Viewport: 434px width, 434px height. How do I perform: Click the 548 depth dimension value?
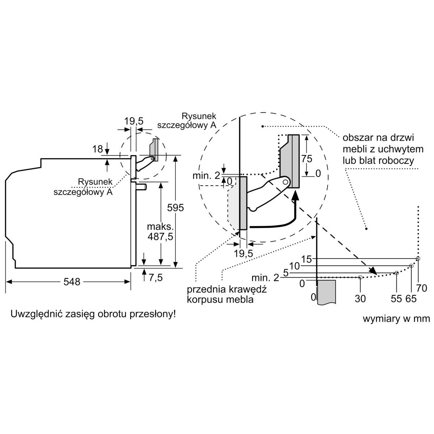[x=72, y=281]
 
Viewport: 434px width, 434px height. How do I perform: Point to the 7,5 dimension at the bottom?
[x=155, y=277]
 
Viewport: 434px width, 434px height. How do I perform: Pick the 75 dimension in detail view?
[x=307, y=158]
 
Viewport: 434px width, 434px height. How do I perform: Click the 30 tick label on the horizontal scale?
[x=361, y=298]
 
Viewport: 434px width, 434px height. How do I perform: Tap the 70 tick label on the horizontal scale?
[x=422, y=289]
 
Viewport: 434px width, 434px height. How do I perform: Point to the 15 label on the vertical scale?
[x=306, y=259]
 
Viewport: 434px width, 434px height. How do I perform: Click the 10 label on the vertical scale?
[x=295, y=266]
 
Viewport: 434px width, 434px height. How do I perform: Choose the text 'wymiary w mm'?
[x=396, y=319]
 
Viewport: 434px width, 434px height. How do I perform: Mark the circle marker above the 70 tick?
[x=418, y=259]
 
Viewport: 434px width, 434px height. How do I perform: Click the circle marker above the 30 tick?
[x=360, y=277]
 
